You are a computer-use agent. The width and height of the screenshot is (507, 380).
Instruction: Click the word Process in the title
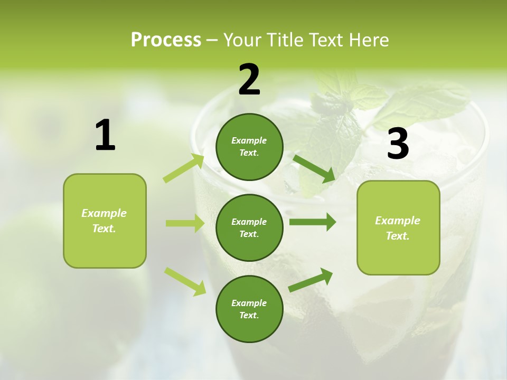pyautogui.click(x=166, y=40)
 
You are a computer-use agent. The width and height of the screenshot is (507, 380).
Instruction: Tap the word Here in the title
pyautogui.click(x=368, y=40)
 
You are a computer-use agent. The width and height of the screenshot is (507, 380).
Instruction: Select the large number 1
pyautogui.click(x=105, y=136)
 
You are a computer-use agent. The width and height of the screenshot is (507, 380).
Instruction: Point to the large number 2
pyautogui.click(x=249, y=80)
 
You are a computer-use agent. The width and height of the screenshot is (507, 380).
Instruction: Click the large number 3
pyautogui.click(x=398, y=144)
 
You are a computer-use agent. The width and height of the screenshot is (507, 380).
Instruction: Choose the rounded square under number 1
pyautogui.click(x=105, y=221)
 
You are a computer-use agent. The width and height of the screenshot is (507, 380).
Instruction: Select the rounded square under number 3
pyautogui.click(x=398, y=227)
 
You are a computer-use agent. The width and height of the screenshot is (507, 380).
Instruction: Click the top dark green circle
pyautogui.click(x=249, y=147)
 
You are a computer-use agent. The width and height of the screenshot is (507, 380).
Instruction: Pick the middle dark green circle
pyautogui.click(x=249, y=227)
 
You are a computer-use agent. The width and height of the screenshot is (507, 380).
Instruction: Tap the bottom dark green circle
pyautogui.click(x=249, y=309)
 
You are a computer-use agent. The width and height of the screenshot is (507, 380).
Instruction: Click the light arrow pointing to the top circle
pyautogui.click(x=184, y=168)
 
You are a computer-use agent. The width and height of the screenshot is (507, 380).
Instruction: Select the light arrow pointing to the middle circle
pyautogui.click(x=185, y=223)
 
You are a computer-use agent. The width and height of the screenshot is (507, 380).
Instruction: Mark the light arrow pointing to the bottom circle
pyautogui.click(x=185, y=281)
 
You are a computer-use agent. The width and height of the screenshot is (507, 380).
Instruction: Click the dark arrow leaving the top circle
pyautogui.click(x=314, y=168)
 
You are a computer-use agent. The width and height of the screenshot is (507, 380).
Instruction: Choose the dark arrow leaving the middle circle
pyautogui.click(x=313, y=222)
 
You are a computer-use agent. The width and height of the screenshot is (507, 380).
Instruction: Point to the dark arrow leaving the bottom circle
pyautogui.click(x=311, y=280)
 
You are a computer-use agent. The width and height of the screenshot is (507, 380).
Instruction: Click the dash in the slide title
pyautogui.click(x=212, y=40)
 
